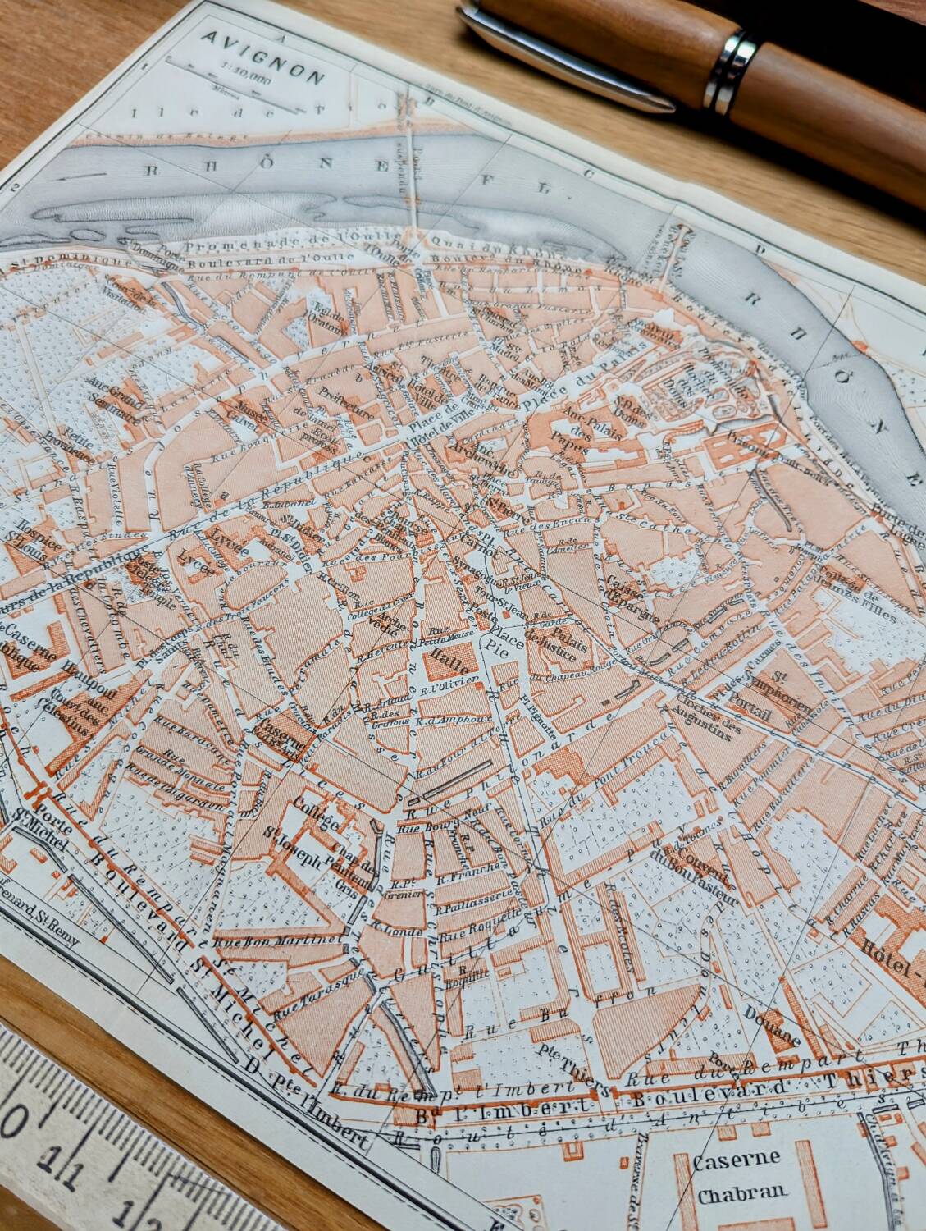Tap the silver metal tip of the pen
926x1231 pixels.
(x=574, y=57)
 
